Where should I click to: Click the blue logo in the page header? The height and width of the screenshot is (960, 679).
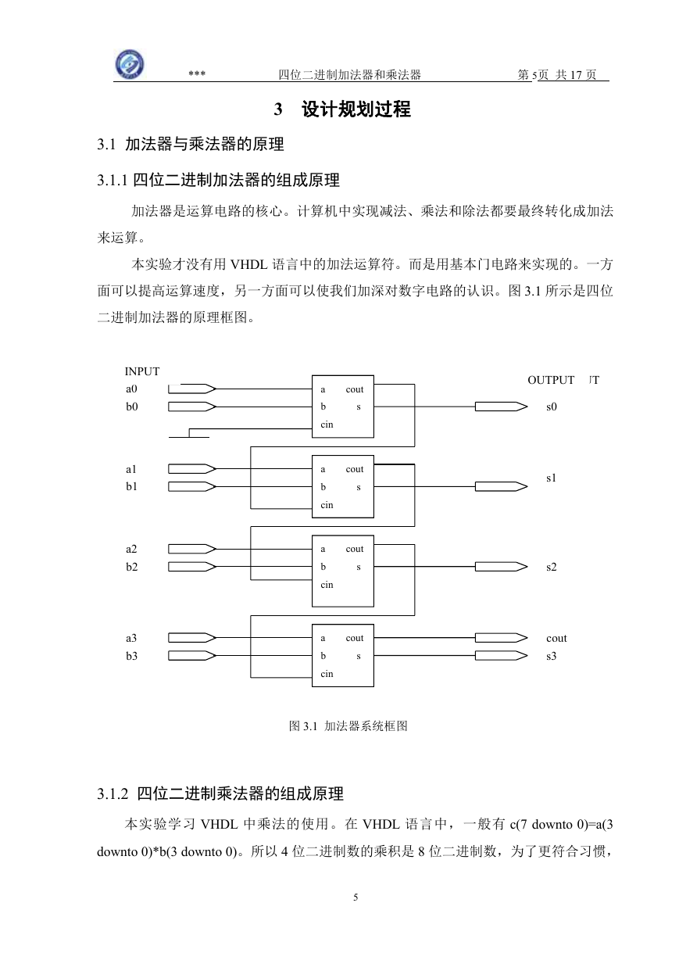click(130, 64)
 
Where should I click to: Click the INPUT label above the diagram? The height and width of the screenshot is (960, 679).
click(141, 371)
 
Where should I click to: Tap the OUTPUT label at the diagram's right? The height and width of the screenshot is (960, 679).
click(551, 380)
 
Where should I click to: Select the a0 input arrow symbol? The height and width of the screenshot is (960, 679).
click(192, 389)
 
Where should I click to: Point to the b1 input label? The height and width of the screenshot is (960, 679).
click(131, 486)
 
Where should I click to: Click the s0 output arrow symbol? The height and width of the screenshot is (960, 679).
click(501, 407)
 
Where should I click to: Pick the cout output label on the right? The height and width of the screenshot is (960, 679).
click(556, 638)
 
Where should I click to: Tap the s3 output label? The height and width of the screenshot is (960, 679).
click(552, 656)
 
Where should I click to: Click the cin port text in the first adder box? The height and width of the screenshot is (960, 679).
click(327, 424)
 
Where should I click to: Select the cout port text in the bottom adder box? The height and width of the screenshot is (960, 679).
click(355, 638)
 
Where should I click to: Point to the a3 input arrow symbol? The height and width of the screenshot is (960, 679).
click(192, 638)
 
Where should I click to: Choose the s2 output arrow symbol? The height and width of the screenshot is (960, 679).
click(501, 567)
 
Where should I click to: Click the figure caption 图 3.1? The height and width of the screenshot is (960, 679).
click(303, 726)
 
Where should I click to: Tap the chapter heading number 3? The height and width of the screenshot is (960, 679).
click(278, 109)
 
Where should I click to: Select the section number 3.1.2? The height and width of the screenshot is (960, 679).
click(113, 794)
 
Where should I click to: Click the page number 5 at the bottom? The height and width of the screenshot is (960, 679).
click(356, 897)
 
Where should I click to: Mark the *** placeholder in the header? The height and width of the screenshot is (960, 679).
click(197, 73)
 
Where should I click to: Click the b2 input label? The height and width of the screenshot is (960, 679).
click(132, 567)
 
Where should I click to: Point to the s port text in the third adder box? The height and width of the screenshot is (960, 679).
click(359, 567)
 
